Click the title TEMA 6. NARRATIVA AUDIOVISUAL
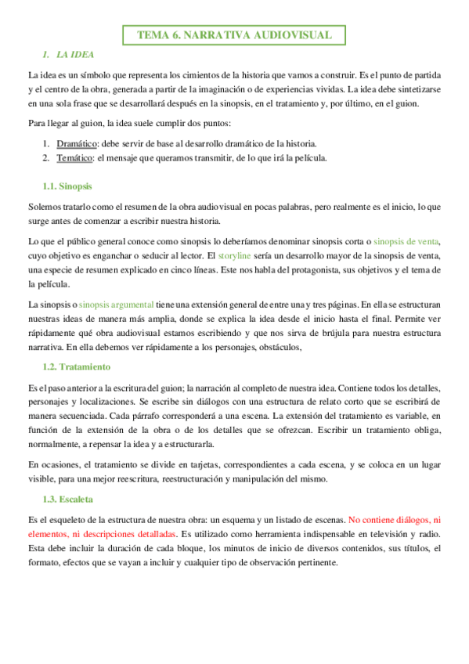234,34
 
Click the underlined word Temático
74,157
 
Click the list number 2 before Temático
45,157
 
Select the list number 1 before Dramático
45,143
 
